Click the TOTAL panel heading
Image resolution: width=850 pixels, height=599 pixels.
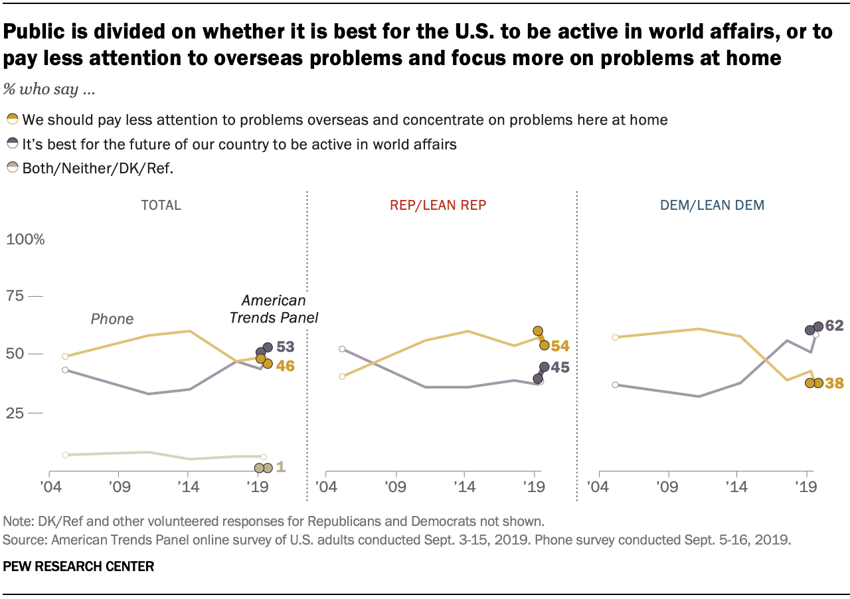(161, 205)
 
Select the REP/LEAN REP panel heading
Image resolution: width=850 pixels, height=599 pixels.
(438, 205)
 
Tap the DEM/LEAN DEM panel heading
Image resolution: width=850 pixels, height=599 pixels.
(713, 205)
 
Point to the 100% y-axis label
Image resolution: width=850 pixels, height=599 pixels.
(25, 239)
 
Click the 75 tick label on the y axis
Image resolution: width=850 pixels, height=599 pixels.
(15, 296)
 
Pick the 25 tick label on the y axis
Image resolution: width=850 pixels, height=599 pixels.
(15, 412)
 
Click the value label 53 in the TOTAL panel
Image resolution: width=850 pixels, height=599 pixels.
(286, 347)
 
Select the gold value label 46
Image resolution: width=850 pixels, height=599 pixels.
(286, 366)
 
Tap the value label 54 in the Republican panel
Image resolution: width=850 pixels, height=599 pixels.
(560, 346)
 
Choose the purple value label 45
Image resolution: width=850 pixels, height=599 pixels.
(560, 367)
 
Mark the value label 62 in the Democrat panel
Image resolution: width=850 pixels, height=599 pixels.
(835, 325)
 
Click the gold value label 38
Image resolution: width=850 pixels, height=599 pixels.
(835, 383)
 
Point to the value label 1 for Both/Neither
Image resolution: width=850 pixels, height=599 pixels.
(281, 467)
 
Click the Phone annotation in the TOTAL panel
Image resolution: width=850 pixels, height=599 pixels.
(112, 319)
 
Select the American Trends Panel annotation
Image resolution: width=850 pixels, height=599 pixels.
(274, 309)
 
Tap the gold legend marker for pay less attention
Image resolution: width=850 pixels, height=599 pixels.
(13, 119)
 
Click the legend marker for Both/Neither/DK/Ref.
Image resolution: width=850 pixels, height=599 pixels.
(13, 167)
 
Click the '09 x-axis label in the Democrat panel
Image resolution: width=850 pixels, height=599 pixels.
(668, 487)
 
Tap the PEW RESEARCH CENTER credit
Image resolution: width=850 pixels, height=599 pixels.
(78, 566)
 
